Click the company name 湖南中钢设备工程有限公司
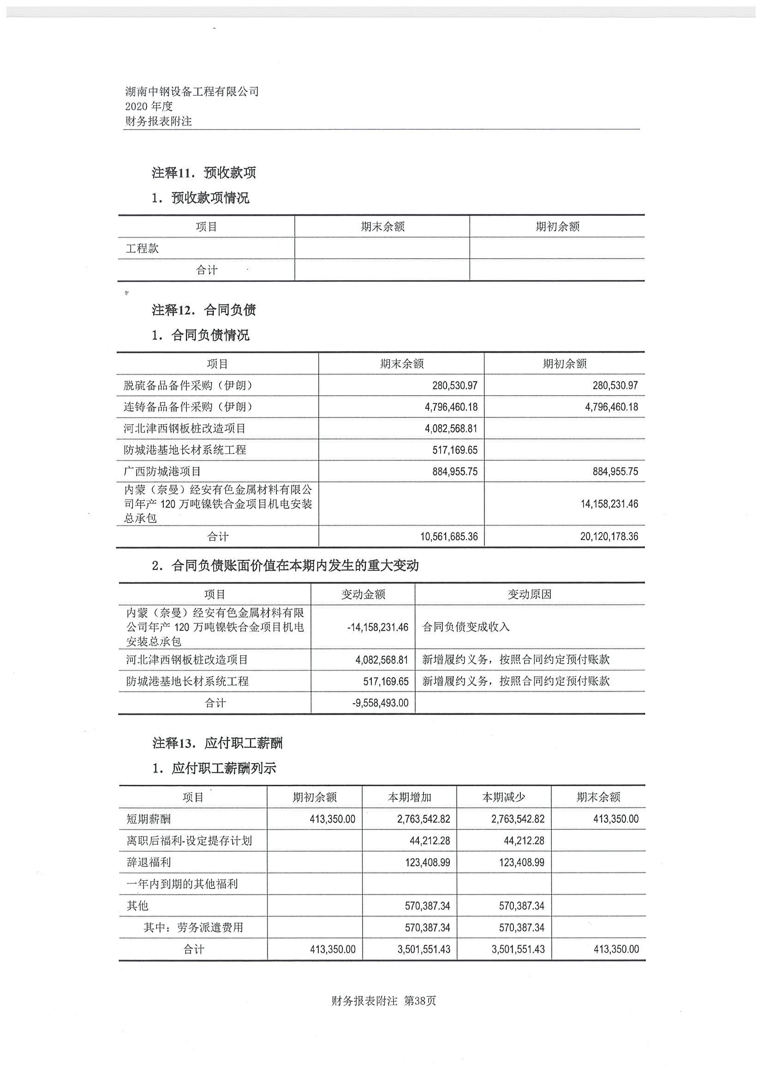pos(192,92)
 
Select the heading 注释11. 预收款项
pos(203,173)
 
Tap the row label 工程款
pos(142,248)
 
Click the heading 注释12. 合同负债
pos(203,310)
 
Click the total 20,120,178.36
pos(609,536)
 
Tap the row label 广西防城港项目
pos(162,471)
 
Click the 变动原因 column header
pos(530,594)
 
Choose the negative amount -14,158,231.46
pos(377,628)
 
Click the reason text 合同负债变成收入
pos(466,628)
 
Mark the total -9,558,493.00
pos(380,703)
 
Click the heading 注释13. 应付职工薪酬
pos(217,743)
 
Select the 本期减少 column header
pos(503,798)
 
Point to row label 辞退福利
pos(149,862)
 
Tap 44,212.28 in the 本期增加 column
pos(429,841)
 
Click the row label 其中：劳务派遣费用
pos(193,927)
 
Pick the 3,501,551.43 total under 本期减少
pos(518,949)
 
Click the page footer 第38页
pos(420,1001)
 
